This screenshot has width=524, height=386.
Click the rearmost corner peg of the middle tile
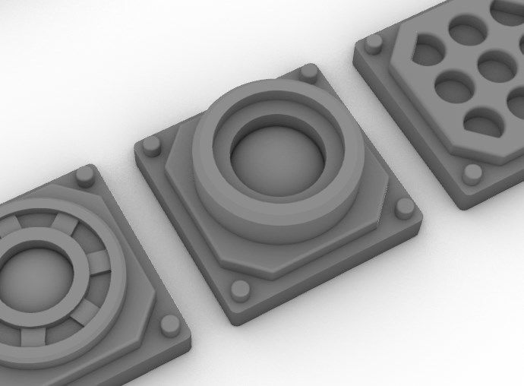pos(308,73)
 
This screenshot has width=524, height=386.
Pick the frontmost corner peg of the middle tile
pos(240,289)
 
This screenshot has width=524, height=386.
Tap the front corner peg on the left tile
pos(169,325)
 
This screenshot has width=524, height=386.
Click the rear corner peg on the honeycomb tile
pos(373,43)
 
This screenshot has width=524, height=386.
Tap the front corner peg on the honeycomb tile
pos(472,174)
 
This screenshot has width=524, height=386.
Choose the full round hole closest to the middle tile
pos(453,90)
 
